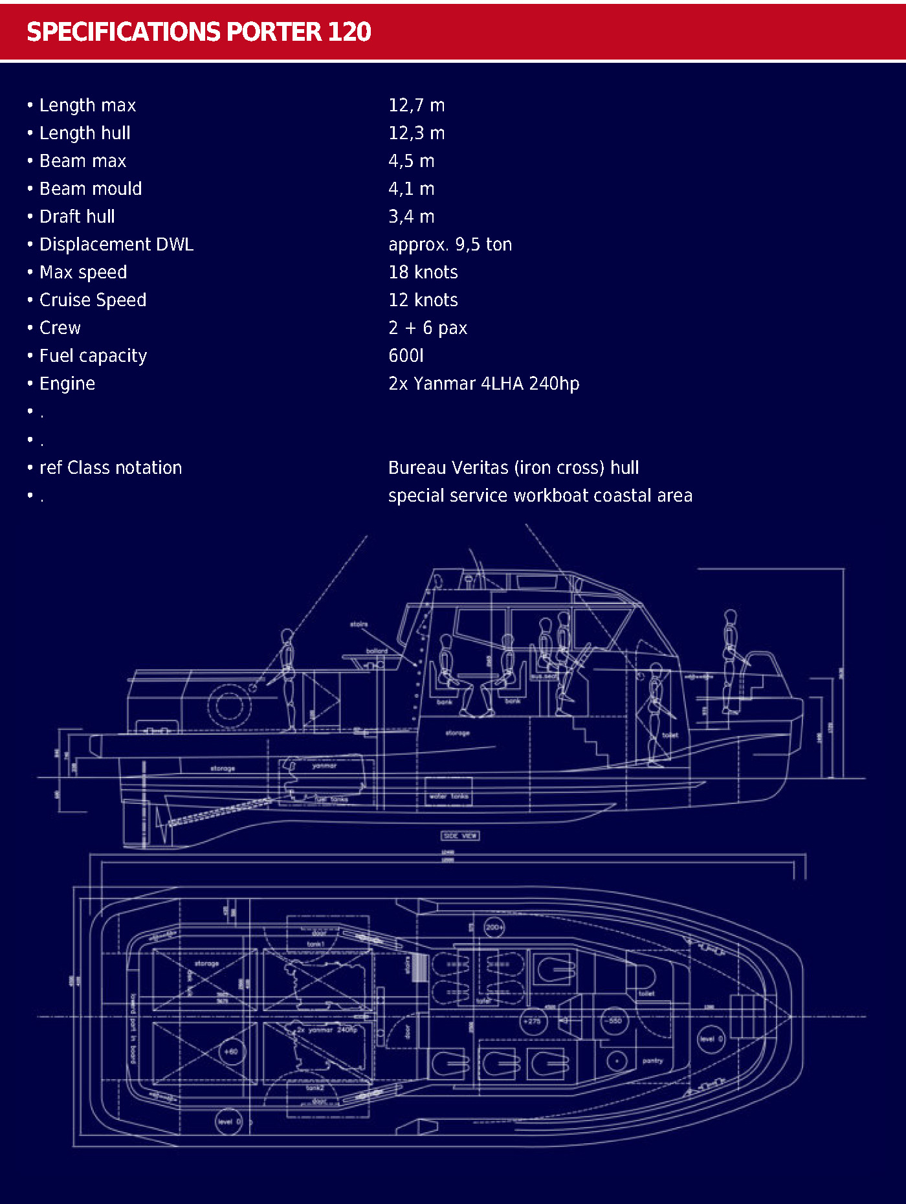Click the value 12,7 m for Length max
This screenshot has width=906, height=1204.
pos(416,105)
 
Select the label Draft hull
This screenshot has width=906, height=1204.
pos(77,216)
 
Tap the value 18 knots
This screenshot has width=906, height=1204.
pos(423,272)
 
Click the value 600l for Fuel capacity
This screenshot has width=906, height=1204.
pos(406,355)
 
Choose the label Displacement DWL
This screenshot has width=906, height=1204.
pos(116,244)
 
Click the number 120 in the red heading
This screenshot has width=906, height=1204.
pos(349,32)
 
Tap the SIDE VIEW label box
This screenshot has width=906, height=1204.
pos(460,836)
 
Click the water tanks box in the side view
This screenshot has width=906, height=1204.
pos(448,796)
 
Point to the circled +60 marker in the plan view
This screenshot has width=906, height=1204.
pos(231,1052)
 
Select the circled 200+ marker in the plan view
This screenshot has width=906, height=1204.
pos(494,927)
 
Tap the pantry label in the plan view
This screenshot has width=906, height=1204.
pos(652,1061)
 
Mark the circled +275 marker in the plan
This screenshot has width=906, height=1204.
pos(532,1021)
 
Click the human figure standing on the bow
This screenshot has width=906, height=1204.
pos(730,660)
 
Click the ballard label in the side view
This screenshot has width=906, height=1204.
pos(377,651)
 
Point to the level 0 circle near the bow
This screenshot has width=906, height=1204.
pos(711,1039)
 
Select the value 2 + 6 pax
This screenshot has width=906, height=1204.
pos(427,328)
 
